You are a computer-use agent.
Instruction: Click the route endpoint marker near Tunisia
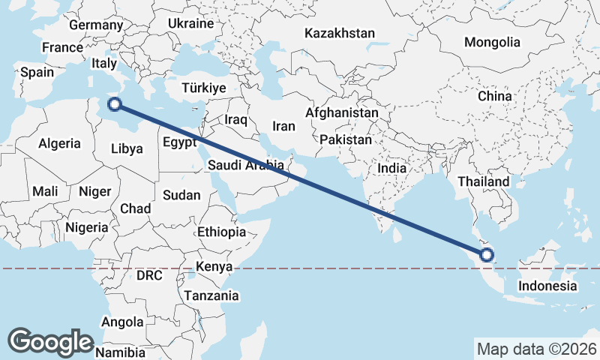click(114, 104)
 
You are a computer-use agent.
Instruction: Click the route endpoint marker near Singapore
click(486, 255)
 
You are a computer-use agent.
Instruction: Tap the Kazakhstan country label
click(339, 33)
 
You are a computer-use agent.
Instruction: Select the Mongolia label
click(492, 42)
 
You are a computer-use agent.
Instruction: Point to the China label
click(494, 96)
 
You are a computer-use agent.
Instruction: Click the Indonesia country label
click(547, 286)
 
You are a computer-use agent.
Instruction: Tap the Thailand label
click(484, 181)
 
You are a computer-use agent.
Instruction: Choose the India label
click(391, 168)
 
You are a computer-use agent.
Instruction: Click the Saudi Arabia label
click(246, 165)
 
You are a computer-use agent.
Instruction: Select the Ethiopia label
click(221, 232)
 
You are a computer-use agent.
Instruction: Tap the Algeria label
click(59, 143)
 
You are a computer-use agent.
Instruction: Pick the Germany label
click(95, 25)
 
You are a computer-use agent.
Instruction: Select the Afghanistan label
click(342, 112)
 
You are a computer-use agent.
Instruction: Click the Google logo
click(50, 341)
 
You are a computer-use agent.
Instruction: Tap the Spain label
click(37, 72)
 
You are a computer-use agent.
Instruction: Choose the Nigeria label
click(87, 226)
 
